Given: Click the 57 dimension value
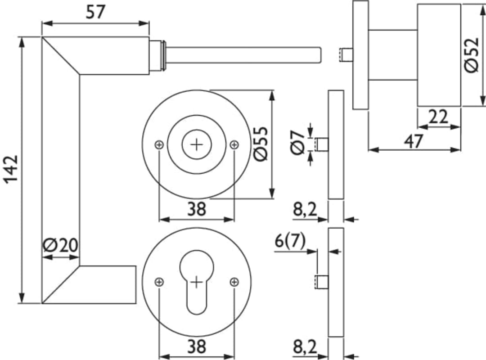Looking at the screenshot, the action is pyautogui.click(x=96, y=12).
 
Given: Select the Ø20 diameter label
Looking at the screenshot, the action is pyautogui.click(x=60, y=246).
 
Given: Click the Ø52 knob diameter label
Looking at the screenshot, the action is pyautogui.click(x=472, y=55).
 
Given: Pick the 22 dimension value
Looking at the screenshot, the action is pyautogui.click(x=438, y=117).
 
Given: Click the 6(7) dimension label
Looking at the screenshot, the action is pyautogui.click(x=290, y=241).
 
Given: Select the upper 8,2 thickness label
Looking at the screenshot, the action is pyautogui.click(x=305, y=210).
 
